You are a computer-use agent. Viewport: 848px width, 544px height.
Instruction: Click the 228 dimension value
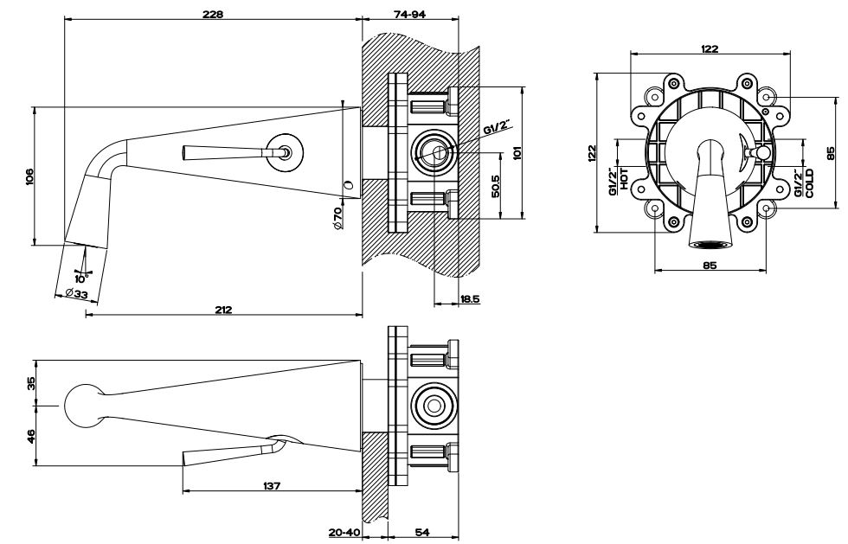pos(211,13)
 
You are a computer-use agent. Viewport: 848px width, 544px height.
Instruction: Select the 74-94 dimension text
pos(410,13)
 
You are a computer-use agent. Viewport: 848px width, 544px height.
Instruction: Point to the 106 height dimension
pos(29,177)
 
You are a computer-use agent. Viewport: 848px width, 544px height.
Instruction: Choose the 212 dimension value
pos(224,310)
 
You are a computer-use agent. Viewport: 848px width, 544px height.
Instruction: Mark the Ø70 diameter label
pos(339,217)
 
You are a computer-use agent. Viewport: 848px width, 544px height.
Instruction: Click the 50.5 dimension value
pos(497,188)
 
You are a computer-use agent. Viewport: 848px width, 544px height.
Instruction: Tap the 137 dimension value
pos(271,486)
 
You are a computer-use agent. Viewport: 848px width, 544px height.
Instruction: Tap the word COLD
pos(809,183)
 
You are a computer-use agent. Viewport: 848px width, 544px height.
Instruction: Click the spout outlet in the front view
pos(710,243)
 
